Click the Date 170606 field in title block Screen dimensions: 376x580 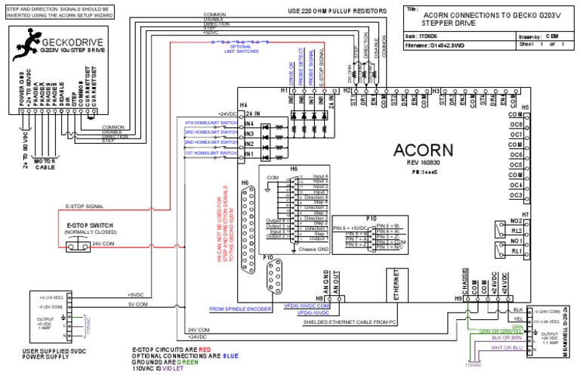tap(434, 36)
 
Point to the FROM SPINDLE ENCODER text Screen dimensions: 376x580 tap(240, 309)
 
